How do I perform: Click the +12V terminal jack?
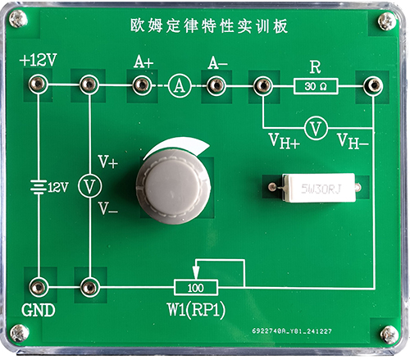click(38, 84)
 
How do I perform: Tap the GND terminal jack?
click(39, 287)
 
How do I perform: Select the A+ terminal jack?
click(141, 85)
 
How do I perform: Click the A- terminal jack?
click(216, 85)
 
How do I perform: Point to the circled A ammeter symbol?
click(180, 86)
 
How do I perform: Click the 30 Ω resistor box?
click(316, 86)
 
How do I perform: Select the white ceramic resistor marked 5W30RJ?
click(321, 188)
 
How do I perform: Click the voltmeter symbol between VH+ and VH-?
click(317, 128)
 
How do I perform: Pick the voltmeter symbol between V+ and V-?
click(89, 185)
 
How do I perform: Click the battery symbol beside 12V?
click(39, 187)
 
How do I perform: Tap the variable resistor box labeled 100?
click(196, 288)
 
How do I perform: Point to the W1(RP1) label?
click(197, 310)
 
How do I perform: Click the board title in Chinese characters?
click(209, 26)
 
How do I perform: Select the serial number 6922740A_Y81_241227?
click(292, 331)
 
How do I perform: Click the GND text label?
click(39, 310)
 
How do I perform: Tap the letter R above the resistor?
click(315, 67)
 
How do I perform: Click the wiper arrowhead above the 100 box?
click(195, 273)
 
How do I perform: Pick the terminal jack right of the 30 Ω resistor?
click(373, 85)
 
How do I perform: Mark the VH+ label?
click(284, 141)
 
